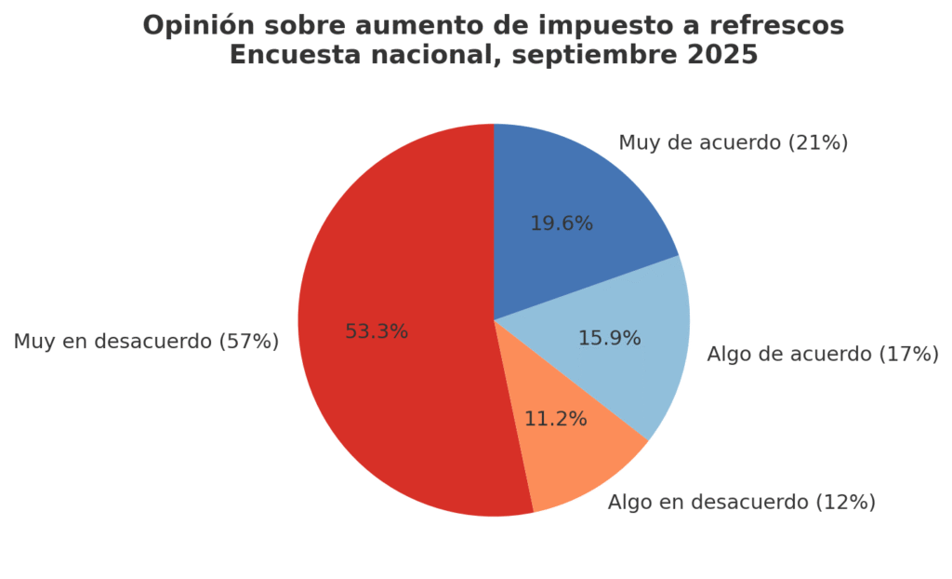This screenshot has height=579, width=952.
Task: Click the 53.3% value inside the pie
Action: point(377,331)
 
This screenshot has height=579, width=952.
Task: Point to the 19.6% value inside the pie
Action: point(562,223)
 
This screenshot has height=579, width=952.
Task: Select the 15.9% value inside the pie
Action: point(609,339)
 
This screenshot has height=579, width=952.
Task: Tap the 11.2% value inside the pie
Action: point(555,419)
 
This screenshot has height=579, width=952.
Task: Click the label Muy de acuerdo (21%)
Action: point(733,142)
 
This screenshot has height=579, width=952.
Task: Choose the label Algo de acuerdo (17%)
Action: point(822,354)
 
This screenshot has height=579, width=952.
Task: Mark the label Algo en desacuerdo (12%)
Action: point(741,503)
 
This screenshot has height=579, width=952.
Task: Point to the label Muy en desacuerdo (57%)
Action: point(146,342)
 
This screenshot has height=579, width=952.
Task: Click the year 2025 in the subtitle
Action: point(722,56)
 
